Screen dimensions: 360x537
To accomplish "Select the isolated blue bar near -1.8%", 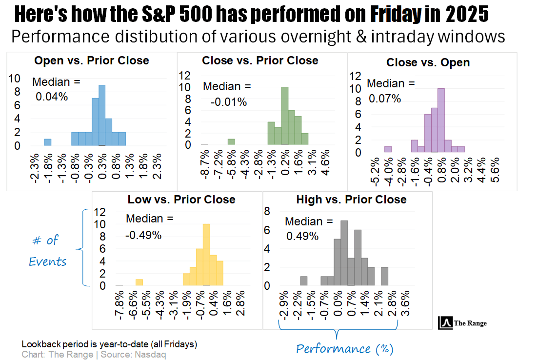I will [x=48, y=142].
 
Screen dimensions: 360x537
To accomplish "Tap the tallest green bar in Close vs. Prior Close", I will [x=285, y=116].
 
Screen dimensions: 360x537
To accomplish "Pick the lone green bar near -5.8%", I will [x=231, y=142].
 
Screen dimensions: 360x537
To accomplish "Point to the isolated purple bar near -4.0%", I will [x=388, y=149].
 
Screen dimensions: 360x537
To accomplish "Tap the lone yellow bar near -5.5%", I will [x=139, y=282].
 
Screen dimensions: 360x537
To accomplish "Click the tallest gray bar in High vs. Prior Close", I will [x=344, y=253].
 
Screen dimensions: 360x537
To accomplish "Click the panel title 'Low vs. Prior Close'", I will [x=181, y=200].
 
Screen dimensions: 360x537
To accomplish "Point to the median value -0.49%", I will [x=143, y=235].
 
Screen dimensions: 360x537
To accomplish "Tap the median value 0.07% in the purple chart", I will [x=384, y=99].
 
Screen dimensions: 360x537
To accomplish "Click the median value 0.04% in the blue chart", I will [x=52, y=97].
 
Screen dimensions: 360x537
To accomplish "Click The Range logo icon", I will [x=444, y=323].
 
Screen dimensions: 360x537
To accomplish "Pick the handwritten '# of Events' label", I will [x=47, y=251].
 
